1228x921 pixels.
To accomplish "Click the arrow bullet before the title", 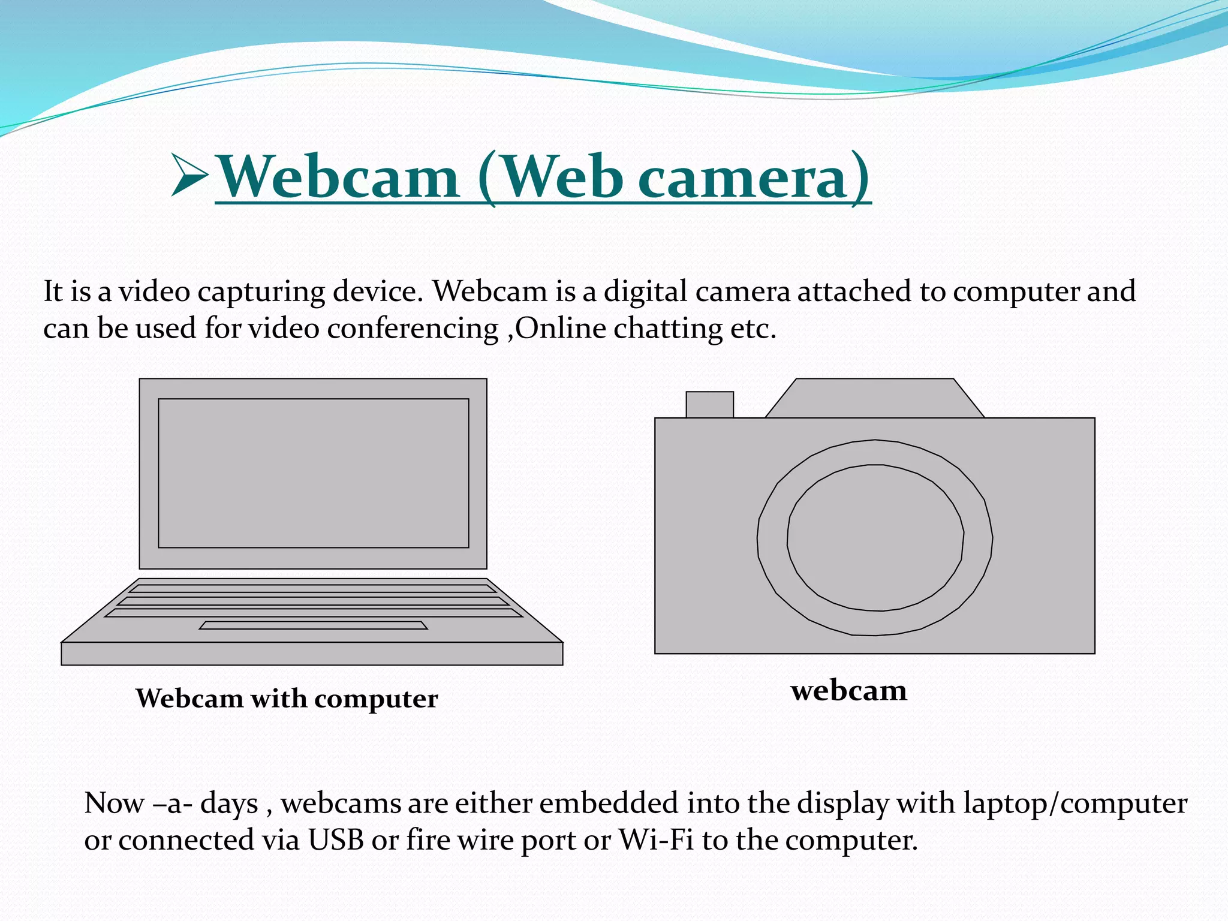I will pyautogui.click(x=189, y=175).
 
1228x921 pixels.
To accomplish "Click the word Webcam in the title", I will pyautogui.click(x=337, y=177).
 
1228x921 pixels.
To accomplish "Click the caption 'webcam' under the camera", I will pyautogui.click(x=848, y=691).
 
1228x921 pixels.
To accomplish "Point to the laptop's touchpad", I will pyautogui.click(x=313, y=625).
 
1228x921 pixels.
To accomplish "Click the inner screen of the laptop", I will pyautogui.click(x=313, y=473).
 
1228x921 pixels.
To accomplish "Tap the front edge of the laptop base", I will pyautogui.click(x=312, y=654).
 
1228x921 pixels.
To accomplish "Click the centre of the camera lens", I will pyautogui.click(x=875, y=537).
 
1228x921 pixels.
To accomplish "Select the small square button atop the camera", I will pyautogui.click(x=709, y=405).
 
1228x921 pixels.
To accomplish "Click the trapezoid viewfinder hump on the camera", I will pyautogui.click(x=875, y=398).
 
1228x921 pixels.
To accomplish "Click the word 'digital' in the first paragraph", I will pyautogui.click(x=645, y=291).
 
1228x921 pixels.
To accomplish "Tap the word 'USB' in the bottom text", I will pyautogui.click(x=336, y=840).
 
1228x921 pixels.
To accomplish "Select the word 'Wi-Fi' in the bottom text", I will pyautogui.click(x=656, y=840).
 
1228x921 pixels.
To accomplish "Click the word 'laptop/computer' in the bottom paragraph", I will pyautogui.click(x=1075, y=803).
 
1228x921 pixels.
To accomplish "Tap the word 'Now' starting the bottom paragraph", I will pyautogui.click(x=113, y=803).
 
